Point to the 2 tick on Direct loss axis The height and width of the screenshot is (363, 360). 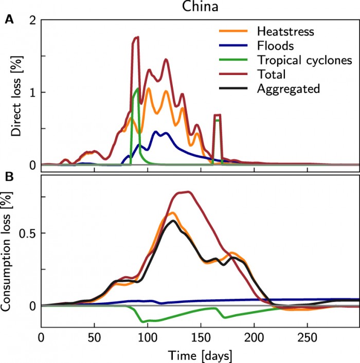(x=33, y=20)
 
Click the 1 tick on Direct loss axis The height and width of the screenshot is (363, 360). (x=33, y=93)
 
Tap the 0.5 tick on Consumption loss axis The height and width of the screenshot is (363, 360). (x=28, y=233)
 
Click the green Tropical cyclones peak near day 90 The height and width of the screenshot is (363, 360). (x=137, y=88)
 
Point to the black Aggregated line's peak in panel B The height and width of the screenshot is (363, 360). (x=173, y=221)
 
